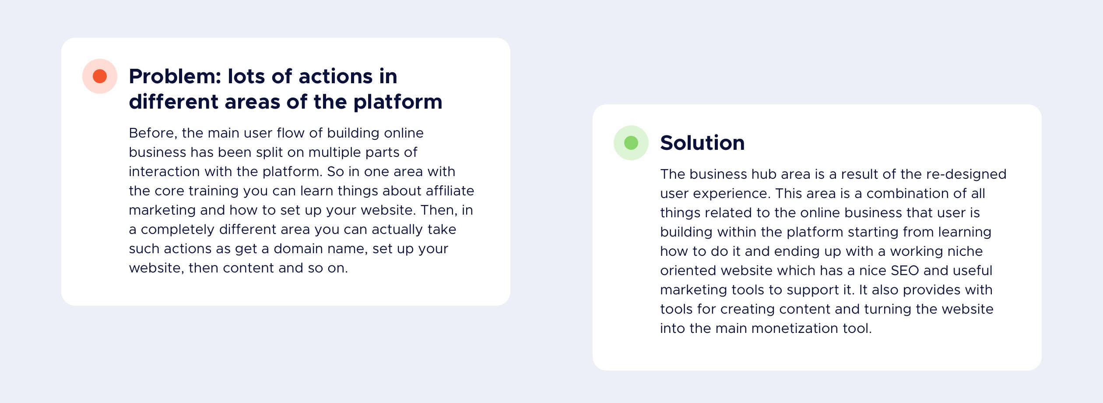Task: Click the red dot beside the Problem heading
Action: click(100, 76)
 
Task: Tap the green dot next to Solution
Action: click(631, 143)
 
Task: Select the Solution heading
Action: click(703, 143)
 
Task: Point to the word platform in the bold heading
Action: click(398, 102)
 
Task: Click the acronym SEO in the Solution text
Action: click(905, 270)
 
